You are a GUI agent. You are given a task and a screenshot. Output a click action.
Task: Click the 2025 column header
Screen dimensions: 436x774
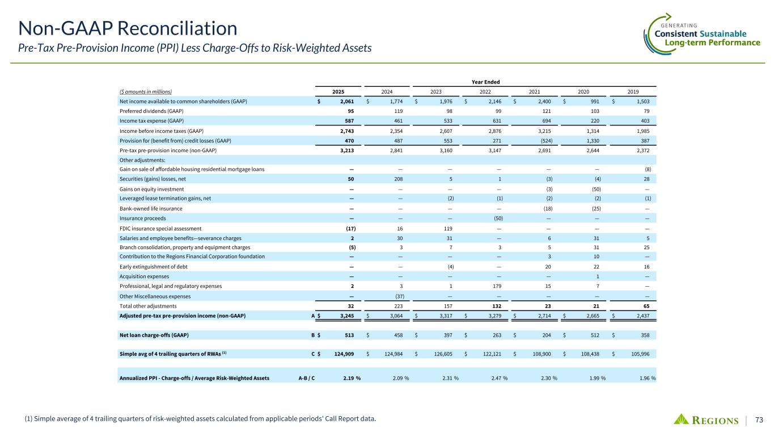[x=338, y=91]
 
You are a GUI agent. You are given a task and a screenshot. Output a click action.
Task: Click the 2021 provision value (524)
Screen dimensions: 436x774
[x=549, y=140]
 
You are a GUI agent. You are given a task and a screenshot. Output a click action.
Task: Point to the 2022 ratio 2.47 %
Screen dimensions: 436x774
[x=497, y=378]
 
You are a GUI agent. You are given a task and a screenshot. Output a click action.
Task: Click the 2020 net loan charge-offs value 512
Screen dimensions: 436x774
[x=598, y=335]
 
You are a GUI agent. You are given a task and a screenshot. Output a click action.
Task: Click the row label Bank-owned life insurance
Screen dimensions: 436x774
[x=151, y=208]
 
